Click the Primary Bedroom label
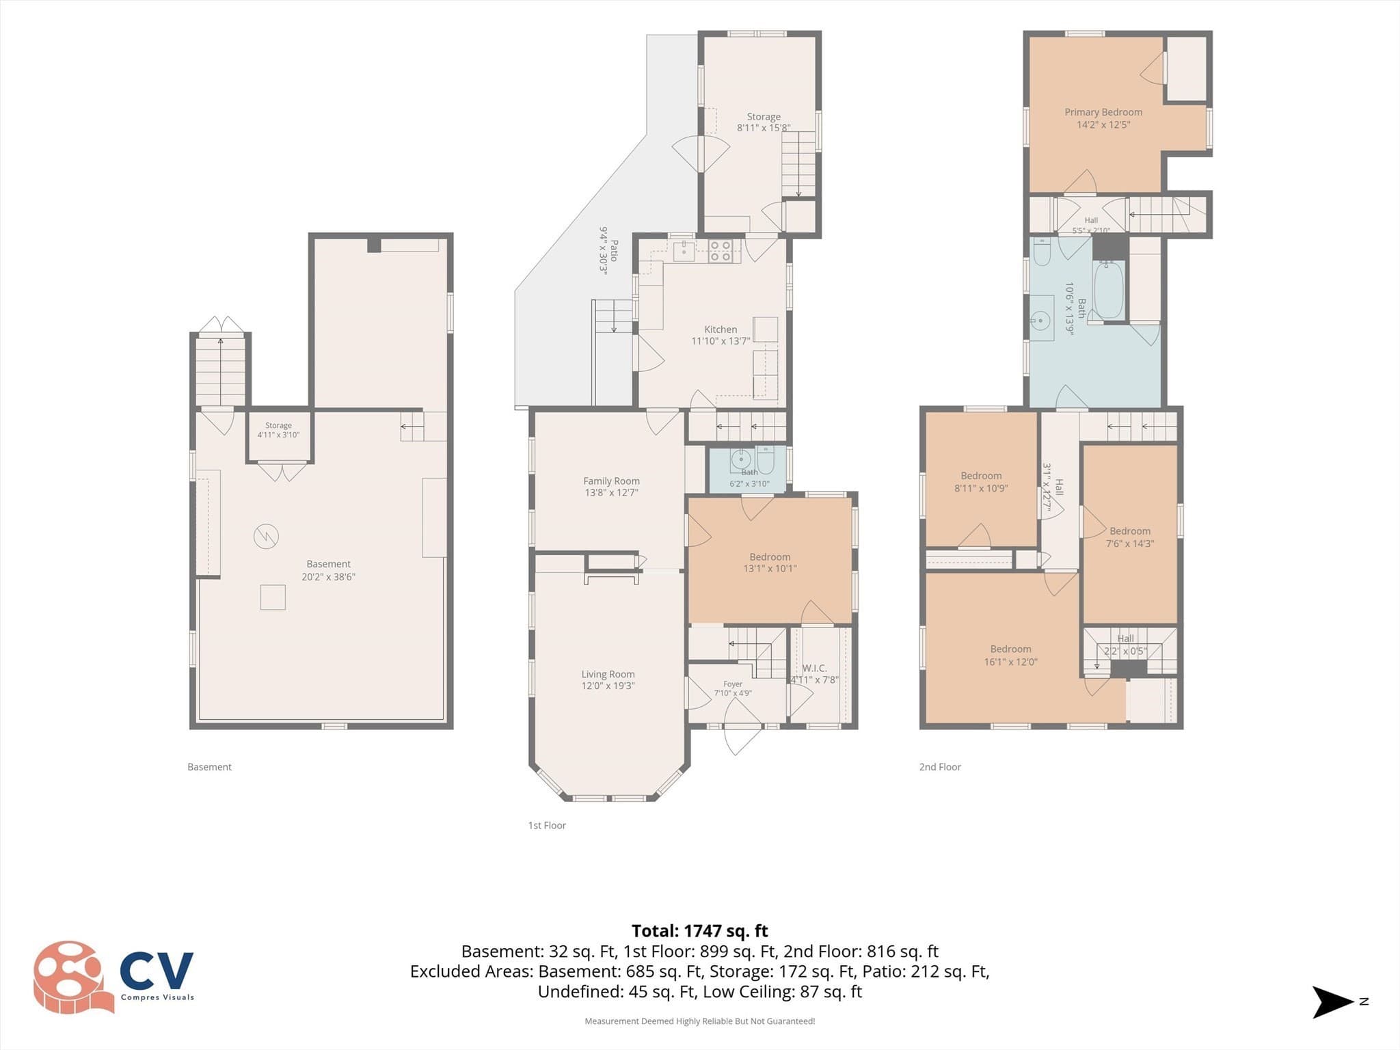coord(1103,112)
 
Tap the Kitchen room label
coord(721,329)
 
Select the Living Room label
coord(608,674)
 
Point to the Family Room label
coord(611,481)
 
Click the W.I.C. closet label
coord(814,668)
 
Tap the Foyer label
coord(733,684)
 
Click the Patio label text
coord(614,250)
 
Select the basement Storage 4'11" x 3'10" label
coord(278,430)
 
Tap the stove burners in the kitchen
coord(721,251)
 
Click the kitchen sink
coord(684,251)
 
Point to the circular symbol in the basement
coord(266,536)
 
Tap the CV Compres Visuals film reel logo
coord(73,977)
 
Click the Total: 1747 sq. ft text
coord(699,931)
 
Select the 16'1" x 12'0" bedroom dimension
coord(1010,661)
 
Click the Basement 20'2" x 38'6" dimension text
coord(328,576)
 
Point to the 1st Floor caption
coord(547,825)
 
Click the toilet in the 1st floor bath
coord(766,461)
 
